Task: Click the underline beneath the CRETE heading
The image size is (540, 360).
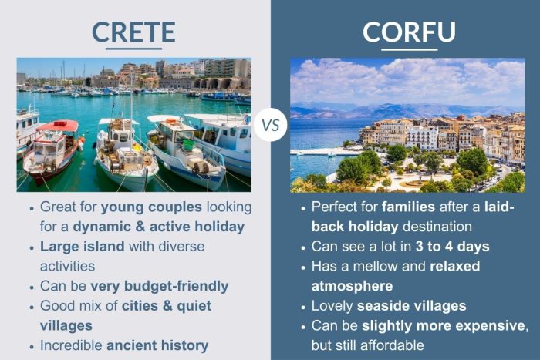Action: pyautogui.click(x=133, y=49)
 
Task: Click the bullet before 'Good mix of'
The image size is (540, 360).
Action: pyautogui.click(x=30, y=306)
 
